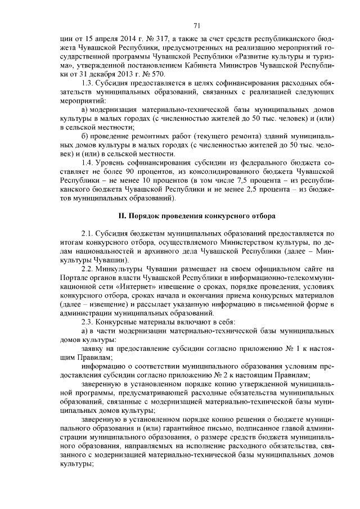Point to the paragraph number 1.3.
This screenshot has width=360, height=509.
click(87, 83)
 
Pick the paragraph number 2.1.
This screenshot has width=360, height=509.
click(87, 233)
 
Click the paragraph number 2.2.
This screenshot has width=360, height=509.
click(87, 268)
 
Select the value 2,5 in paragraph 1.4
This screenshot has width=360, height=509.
click(250, 191)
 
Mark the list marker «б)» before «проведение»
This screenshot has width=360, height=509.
click(85, 137)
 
